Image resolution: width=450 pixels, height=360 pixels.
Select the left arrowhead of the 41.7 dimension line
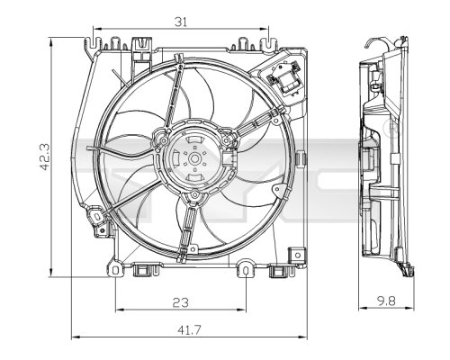pos(75,338)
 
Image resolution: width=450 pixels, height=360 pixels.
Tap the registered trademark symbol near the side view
pos(393,129)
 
